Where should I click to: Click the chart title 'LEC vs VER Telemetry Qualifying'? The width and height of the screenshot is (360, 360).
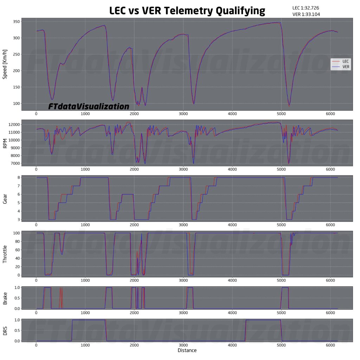pyautogui.click(x=187, y=11)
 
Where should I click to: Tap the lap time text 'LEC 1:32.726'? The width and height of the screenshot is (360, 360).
pyautogui.click(x=306, y=8)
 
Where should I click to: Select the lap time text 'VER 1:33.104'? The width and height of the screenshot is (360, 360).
pyautogui.click(x=306, y=14)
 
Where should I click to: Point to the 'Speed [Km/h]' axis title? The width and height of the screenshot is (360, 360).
pyautogui.click(x=5, y=65)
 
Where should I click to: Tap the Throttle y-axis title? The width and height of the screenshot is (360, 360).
pyautogui.click(x=5, y=254)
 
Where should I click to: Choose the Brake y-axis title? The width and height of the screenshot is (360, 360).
pyautogui.click(x=5, y=298)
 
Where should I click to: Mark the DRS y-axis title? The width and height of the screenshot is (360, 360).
pyautogui.click(x=5, y=330)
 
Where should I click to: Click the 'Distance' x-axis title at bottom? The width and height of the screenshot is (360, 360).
pyautogui.click(x=187, y=351)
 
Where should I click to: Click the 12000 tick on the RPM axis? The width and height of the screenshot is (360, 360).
pyautogui.click(x=13, y=125)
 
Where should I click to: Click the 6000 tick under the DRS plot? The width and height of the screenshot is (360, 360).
pyautogui.click(x=330, y=345)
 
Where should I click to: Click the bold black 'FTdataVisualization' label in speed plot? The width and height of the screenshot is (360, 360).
pyautogui.click(x=89, y=106)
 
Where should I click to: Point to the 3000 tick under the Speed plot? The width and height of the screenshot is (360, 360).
pyautogui.click(x=183, y=114)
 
